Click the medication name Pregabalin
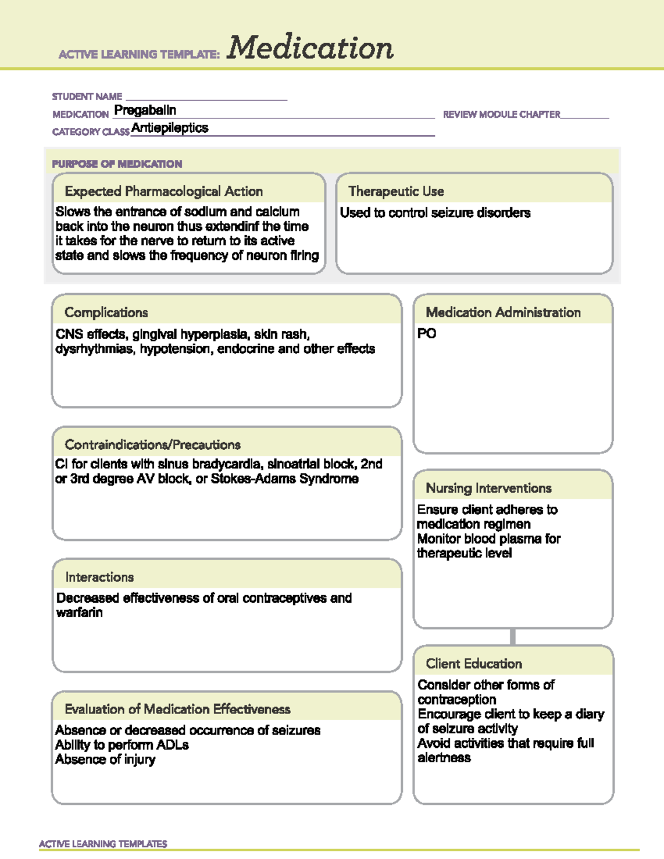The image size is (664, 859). tap(145, 111)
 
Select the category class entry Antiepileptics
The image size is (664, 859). tap(170, 128)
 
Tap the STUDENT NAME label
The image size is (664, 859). tap(87, 97)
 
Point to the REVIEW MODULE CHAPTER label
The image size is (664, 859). tap(501, 114)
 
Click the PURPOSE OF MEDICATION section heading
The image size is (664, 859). tap(117, 164)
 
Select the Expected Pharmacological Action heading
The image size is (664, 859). tap(164, 191)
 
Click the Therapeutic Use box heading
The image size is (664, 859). tap(396, 191)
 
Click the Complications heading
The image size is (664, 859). tap(106, 313)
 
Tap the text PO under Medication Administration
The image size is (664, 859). tap(427, 334)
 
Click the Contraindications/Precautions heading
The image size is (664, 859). tap(153, 445)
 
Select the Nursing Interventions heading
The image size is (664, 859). tap(489, 488)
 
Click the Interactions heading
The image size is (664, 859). tap(100, 577)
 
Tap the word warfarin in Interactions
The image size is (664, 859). tap(79, 613)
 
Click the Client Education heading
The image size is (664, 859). tap(474, 664)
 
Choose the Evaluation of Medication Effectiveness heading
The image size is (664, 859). tap(178, 709)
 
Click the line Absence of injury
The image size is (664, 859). tap(105, 760)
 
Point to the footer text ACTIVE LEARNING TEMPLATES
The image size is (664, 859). tap(103, 844)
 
